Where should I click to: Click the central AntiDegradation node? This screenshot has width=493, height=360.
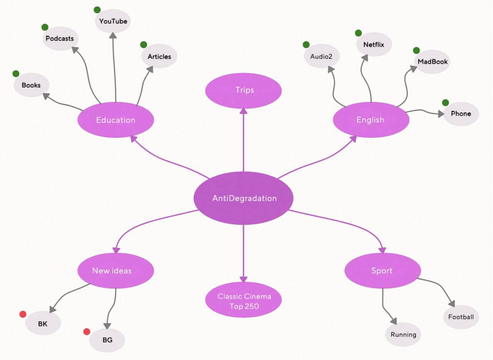coord(243,198)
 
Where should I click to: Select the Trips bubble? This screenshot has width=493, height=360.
coord(243,90)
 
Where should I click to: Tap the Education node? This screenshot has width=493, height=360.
coord(116,120)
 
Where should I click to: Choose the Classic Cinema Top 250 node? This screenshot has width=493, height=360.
coord(243,301)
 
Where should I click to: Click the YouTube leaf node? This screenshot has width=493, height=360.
coord(113,21)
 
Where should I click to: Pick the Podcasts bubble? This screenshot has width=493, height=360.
coord(60,39)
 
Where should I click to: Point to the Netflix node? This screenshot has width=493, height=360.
coord(374,44)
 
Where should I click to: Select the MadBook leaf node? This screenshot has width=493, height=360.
coord(432,61)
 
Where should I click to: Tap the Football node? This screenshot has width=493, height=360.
coord(461,317)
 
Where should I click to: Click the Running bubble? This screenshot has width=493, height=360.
coord(403,335)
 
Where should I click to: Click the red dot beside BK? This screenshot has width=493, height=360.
coord(23,314)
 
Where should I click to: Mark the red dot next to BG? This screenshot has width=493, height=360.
coord(87,331)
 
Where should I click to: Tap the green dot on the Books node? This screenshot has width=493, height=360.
coord(16,74)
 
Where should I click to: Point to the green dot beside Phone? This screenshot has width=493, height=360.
coord(445,103)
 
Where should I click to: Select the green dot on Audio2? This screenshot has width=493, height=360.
coord(306,45)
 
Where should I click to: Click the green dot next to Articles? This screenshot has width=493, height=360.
coord(144,45)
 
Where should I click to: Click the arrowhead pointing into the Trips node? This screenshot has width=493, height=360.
coord(243,111)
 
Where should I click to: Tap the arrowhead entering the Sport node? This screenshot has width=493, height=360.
coord(382,249)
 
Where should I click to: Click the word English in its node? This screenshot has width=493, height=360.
coord(370,120)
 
